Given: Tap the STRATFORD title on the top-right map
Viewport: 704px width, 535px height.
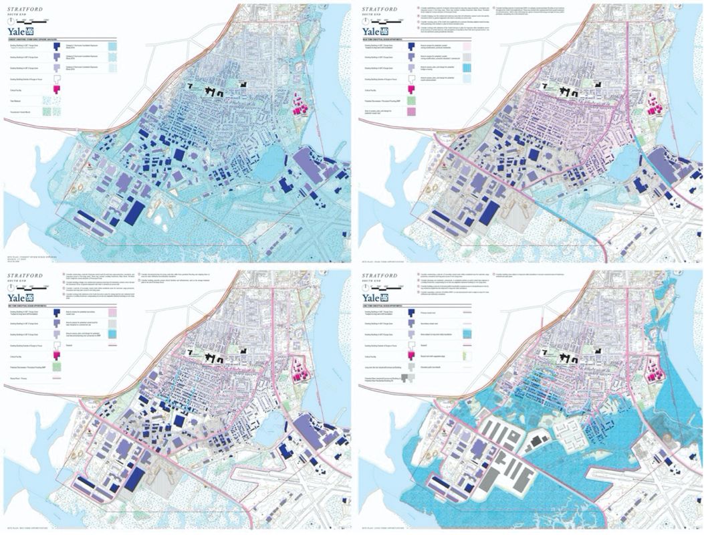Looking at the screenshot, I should tap(378, 9).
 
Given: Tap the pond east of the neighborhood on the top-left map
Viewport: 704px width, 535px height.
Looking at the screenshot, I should tap(267, 161).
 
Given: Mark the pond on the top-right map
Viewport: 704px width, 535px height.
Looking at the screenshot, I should tap(621, 161).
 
